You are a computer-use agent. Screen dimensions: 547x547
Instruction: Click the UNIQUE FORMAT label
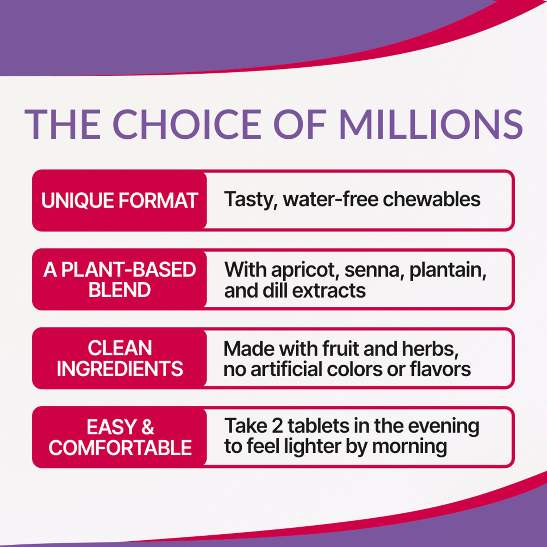[119, 201]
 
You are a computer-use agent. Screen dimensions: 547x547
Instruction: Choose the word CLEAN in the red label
[120, 348]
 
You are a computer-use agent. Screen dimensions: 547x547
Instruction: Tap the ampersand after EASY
[148, 427]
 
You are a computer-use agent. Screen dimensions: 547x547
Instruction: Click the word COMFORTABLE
[120, 448]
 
